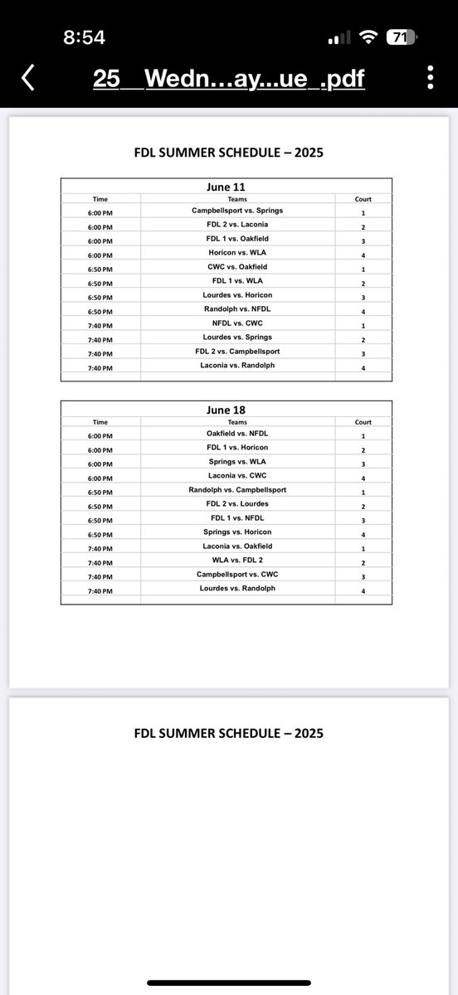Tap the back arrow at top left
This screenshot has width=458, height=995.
pyautogui.click(x=27, y=79)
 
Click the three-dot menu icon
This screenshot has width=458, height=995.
pyautogui.click(x=430, y=79)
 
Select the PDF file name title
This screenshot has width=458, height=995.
pyautogui.click(x=228, y=79)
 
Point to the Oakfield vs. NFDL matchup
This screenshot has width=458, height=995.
pyautogui.click(x=236, y=434)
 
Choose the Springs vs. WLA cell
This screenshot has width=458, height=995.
pyautogui.click(x=236, y=462)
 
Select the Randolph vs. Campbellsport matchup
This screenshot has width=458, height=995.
pyautogui.click(x=236, y=490)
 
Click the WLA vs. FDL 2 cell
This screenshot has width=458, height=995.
pyautogui.click(x=236, y=561)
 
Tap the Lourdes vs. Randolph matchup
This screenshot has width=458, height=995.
pyautogui.click(x=236, y=589)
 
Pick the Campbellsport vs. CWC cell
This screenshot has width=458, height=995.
pyautogui.click(x=236, y=575)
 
